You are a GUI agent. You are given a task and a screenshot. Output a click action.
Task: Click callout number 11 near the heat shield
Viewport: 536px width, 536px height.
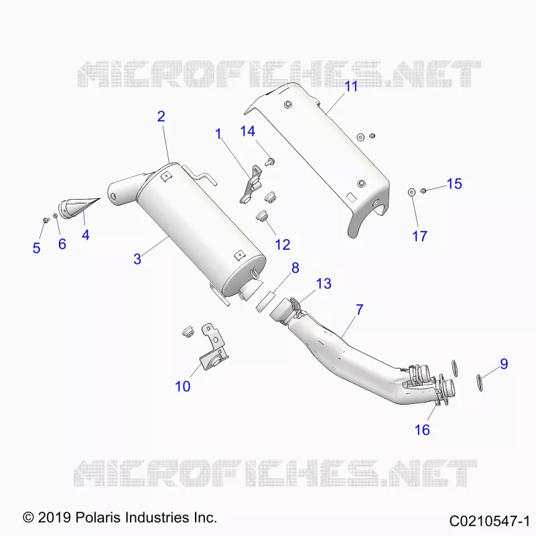click(351, 86)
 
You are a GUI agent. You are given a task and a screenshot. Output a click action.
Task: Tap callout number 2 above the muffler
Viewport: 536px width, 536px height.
click(161, 117)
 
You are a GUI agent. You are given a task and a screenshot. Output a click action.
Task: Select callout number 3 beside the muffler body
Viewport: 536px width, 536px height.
click(137, 259)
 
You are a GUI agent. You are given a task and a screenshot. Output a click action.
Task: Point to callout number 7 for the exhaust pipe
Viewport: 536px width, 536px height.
click(359, 310)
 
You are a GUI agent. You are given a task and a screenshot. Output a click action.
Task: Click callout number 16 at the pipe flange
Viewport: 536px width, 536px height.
click(422, 429)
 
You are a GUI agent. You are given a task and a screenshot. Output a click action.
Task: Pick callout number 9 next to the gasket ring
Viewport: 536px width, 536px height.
click(505, 364)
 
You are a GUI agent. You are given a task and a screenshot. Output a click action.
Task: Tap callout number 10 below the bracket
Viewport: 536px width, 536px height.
click(182, 387)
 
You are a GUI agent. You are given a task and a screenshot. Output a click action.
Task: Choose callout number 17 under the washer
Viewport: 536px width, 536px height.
click(420, 237)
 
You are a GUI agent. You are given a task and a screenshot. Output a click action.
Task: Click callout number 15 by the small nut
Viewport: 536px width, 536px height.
click(454, 184)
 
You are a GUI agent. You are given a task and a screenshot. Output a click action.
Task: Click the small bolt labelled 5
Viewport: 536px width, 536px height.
click(45, 220)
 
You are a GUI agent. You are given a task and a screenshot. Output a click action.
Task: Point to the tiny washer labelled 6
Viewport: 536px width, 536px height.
click(55, 215)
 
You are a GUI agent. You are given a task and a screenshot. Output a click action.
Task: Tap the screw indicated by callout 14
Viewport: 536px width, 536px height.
click(271, 161)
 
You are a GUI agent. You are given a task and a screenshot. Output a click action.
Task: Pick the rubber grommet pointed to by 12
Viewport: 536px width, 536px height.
click(262, 216)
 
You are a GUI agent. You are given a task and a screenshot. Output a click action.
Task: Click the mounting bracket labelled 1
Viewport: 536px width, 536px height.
click(251, 185)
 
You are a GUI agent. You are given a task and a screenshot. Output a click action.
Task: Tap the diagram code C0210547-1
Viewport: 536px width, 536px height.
click(490, 521)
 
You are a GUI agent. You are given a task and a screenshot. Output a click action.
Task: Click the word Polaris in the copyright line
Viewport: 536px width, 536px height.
click(98, 517)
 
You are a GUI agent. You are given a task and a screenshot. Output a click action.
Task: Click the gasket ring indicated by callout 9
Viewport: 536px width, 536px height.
click(480, 383)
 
